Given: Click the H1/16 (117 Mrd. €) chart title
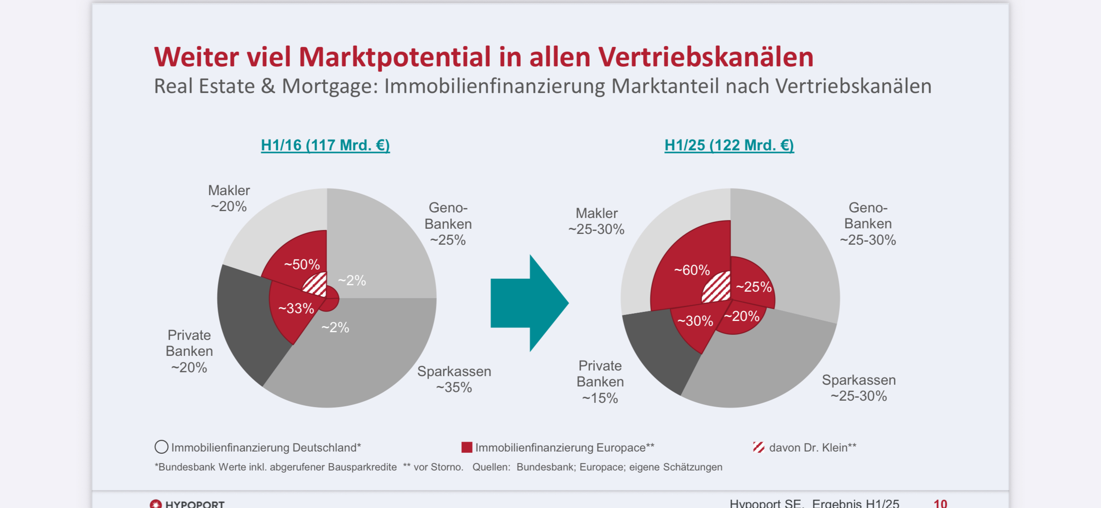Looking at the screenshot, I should click(x=325, y=145).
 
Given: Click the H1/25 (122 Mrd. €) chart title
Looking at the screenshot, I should click(x=729, y=145).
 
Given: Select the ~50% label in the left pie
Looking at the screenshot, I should click(x=302, y=264).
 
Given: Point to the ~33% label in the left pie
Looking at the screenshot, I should click(x=296, y=309).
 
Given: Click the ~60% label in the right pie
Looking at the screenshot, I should click(x=692, y=270).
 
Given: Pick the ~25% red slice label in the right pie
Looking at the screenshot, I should click(x=753, y=287).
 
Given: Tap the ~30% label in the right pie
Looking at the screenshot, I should click(x=695, y=321).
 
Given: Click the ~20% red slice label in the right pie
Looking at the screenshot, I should click(x=741, y=316).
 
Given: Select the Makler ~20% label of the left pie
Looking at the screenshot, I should click(x=229, y=198).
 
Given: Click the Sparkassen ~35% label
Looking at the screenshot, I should click(x=454, y=379).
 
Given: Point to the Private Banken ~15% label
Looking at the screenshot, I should click(x=600, y=382).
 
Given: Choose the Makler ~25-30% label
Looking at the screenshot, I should click(x=597, y=221).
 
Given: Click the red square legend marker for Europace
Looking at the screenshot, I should click(x=467, y=447).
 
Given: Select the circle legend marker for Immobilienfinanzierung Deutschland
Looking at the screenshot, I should click(x=161, y=447).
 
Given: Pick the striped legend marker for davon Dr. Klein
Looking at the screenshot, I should click(x=759, y=447).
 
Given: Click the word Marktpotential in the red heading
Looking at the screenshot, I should click(x=395, y=57).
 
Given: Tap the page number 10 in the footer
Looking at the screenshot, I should click(x=940, y=503).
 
